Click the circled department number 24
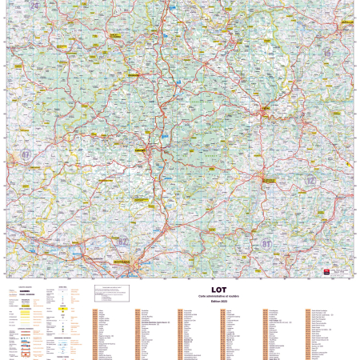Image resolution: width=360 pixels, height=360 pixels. pyautogui.click(x=34, y=6)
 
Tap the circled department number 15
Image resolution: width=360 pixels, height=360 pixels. pyautogui.click(x=326, y=53)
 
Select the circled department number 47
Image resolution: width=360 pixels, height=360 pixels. pyautogui.click(x=26, y=154)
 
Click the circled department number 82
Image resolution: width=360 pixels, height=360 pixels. pyautogui.click(x=122, y=240)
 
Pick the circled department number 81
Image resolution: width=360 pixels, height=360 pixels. pyautogui.click(x=267, y=242)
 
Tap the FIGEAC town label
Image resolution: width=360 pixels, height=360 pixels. pyautogui.click(x=265, y=109)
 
